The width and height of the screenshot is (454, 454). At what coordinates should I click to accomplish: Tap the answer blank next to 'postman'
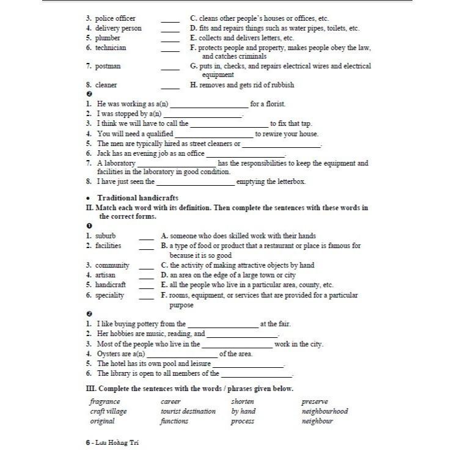click(170, 66)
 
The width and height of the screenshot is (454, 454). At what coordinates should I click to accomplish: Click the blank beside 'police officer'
click(170, 19)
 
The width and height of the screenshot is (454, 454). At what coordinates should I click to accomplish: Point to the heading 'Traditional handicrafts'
click(137, 198)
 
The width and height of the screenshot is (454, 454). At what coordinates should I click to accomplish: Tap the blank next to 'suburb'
click(147, 236)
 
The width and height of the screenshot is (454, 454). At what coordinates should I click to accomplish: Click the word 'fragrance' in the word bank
click(105, 402)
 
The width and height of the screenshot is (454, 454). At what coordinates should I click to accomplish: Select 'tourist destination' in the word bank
click(188, 412)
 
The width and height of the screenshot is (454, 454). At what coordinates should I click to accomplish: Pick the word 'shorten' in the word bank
click(243, 402)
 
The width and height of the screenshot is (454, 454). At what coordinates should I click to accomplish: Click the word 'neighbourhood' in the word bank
click(324, 412)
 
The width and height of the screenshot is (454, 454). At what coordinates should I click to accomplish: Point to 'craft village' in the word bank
click(109, 412)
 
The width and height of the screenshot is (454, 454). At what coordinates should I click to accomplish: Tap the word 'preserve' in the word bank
click(315, 402)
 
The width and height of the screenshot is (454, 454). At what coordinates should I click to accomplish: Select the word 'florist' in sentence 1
click(274, 104)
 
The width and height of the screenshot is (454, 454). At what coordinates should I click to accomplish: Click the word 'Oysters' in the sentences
click(109, 354)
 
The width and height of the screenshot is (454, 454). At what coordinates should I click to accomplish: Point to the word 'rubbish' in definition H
click(281, 85)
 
